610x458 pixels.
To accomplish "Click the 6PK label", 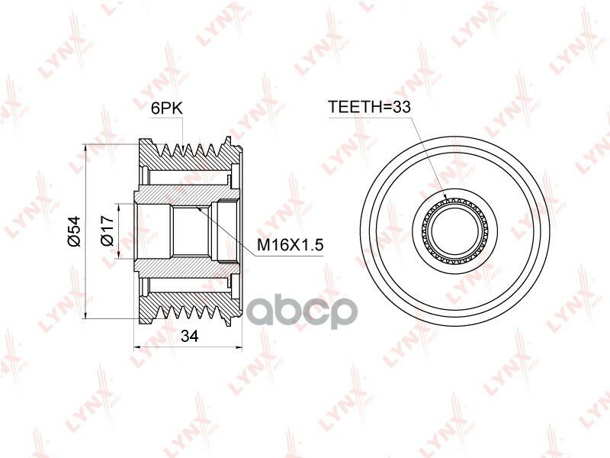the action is pos(166,108).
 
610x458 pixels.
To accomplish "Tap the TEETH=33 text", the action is pos(370,106).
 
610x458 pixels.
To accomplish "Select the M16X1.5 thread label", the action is pos(291,245).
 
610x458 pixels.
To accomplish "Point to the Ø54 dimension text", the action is pos(73,231).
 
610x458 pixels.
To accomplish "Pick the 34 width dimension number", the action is pos(190,336).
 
